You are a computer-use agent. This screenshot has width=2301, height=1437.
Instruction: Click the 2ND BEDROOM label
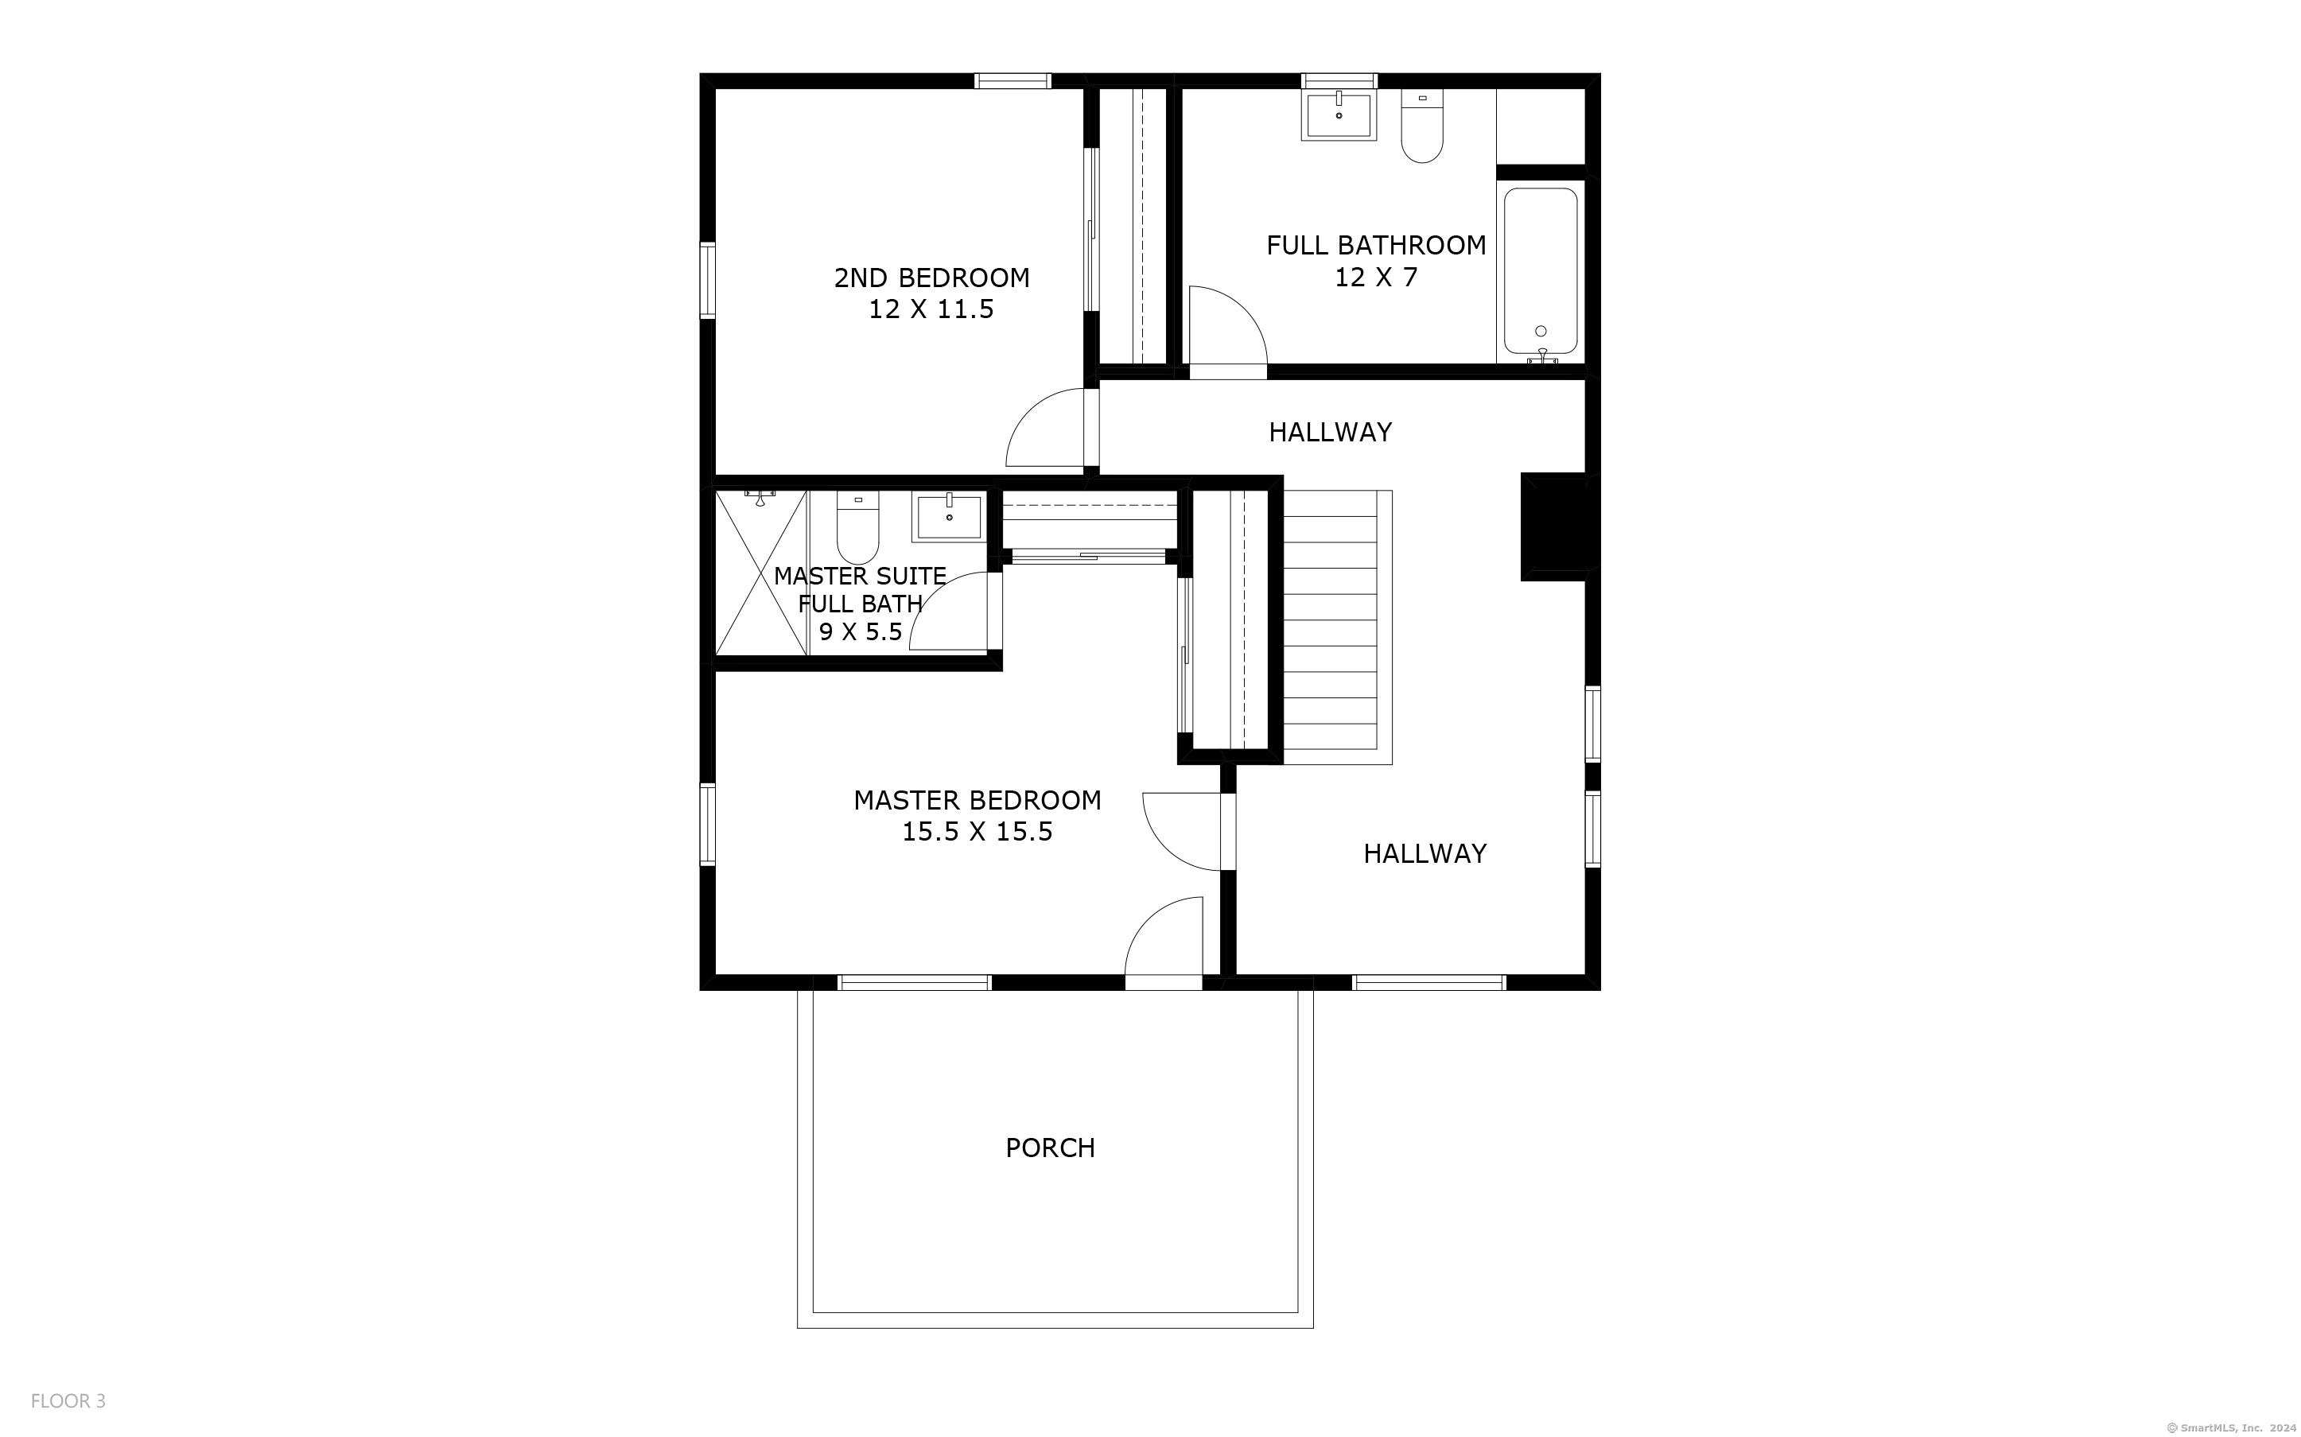tap(931, 278)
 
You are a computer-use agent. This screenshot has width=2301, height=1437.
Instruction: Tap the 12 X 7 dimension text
tap(1375, 278)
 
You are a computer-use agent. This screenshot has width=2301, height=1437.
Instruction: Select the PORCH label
tap(1050, 1148)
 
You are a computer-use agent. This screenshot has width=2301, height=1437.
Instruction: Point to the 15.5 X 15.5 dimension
tap(977, 832)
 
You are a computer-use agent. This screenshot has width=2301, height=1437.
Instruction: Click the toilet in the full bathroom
tap(1422, 126)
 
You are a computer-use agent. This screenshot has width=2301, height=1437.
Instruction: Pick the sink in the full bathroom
tap(1339, 115)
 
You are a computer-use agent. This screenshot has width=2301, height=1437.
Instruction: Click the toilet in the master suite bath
tap(857, 527)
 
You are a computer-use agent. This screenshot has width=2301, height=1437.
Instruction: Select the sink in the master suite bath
tap(949, 516)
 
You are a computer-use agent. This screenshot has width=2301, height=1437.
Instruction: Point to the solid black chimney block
tap(1554, 526)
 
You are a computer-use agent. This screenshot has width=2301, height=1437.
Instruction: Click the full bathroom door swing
tap(1228, 325)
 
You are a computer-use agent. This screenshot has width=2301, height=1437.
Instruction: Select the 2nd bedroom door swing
tap(1045, 428)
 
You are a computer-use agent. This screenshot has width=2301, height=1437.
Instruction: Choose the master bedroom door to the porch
tap(1164, 936)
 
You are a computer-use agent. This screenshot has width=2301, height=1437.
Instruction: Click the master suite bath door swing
tap(950, 611)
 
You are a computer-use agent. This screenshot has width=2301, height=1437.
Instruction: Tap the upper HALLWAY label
tap(1330, 433)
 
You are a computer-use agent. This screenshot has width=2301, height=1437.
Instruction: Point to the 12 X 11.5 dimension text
tap(931, 310)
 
